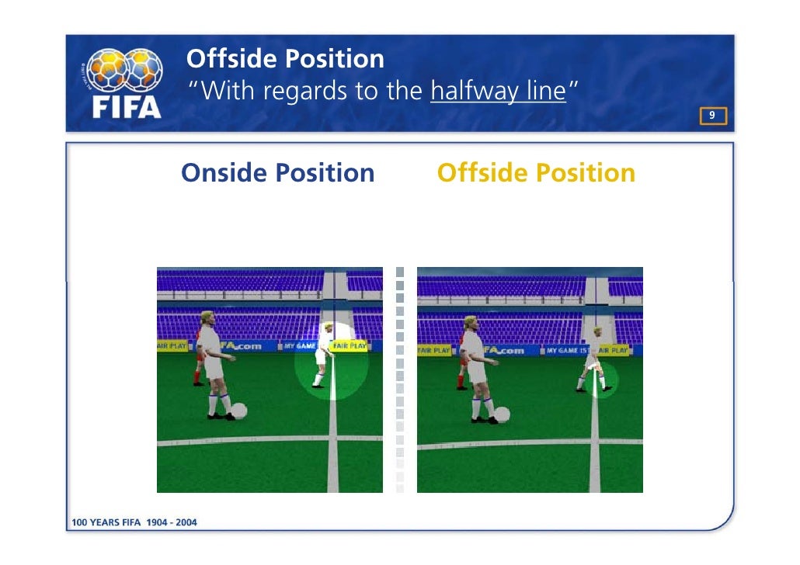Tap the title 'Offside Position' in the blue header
pos(286,58)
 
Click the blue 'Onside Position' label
pos(277,172)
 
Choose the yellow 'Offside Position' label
pos(536,172)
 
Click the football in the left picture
pos(239,411)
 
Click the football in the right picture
pos(503,415)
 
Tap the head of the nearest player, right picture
pos(471,323)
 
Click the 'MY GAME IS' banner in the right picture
pos(566,351)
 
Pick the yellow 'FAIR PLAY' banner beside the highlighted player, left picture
pos(350,345)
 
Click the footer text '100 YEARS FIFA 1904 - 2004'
pos(134,522)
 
